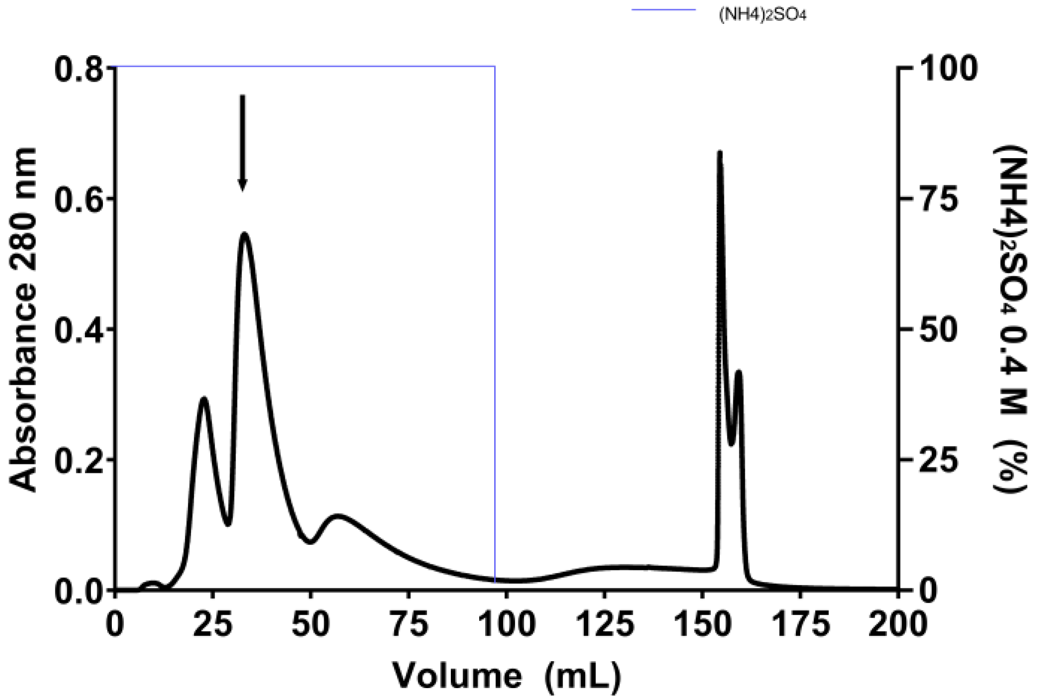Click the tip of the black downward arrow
pos(242,189)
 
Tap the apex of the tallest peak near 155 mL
pos(719,152)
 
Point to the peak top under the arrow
pos(244,233)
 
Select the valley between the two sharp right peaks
pos(731,444)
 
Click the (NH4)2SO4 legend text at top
pos(762,15)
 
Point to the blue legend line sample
pos(664,9)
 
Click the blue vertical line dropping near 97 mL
pos(495,323)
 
